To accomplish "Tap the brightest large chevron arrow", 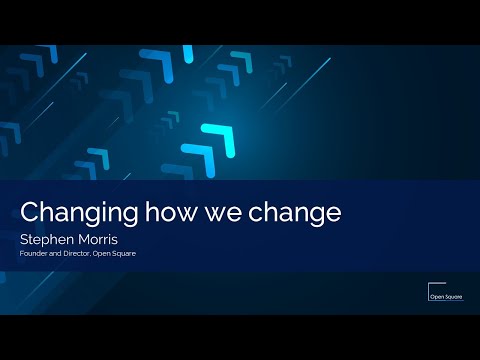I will (219, 139).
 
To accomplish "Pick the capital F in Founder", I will (21, 255).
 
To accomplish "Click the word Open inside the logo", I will (425, 296).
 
